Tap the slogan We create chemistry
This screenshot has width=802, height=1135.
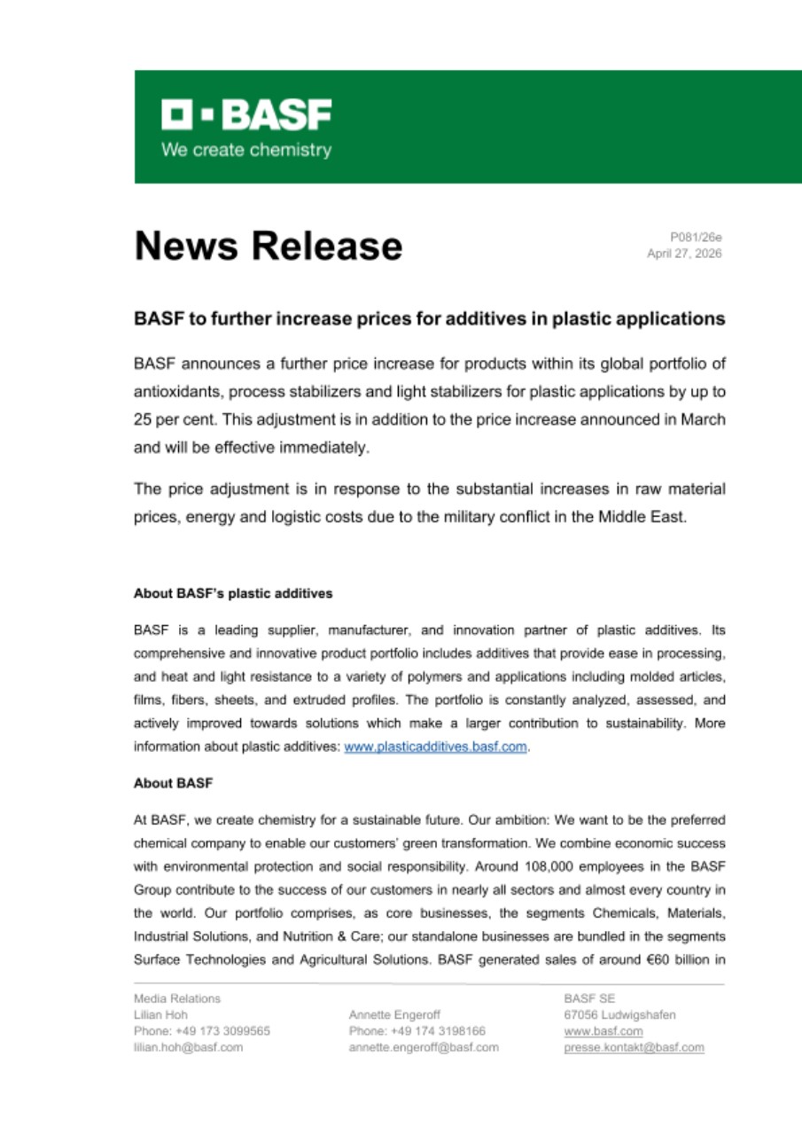point(245,150)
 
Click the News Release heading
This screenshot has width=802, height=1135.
point(268,246)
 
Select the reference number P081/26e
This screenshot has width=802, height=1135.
point(696,237)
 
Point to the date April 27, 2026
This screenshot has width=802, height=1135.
point(684,254)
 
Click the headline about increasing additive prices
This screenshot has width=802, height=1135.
point(429,318)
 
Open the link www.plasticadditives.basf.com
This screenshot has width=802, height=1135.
point(436,747)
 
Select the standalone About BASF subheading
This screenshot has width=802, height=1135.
point(173,784)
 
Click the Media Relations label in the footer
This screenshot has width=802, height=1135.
point(177,998)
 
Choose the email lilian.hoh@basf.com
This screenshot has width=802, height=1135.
point(188,1047)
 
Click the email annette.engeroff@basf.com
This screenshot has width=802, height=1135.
point(424,1047)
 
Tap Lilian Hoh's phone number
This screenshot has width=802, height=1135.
point(202,1031)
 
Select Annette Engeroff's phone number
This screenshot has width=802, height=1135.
point(417,1031)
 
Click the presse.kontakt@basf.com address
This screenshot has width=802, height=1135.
point(634,1047)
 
